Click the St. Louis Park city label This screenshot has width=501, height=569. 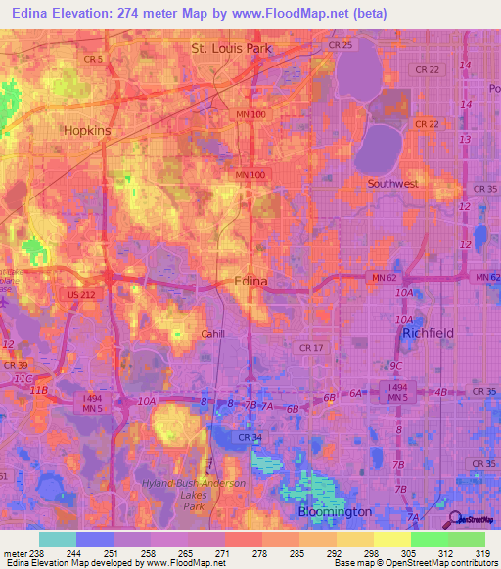(231, 47)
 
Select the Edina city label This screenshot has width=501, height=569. (250, 281)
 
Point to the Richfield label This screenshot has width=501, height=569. (428, 333)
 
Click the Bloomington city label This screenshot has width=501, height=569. (335, 511)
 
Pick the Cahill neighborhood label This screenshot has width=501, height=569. (213, 334)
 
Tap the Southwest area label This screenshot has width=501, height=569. (392, 183)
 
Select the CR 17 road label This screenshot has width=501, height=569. (311, 347)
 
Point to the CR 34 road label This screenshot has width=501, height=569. (250, 437)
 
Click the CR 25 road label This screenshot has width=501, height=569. (341, 45)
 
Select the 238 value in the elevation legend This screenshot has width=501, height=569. (30, 553)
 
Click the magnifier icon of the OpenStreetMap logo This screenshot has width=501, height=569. (452, 519)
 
